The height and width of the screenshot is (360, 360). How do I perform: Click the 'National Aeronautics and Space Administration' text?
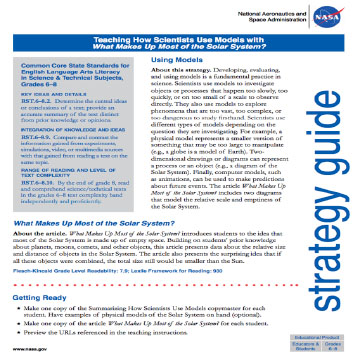tap(266, 17)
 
